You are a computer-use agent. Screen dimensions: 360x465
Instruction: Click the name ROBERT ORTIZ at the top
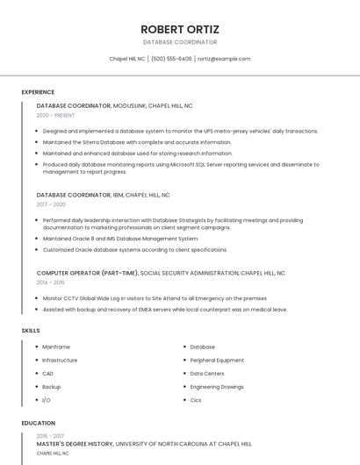pyautogui.click(x=180, y=29)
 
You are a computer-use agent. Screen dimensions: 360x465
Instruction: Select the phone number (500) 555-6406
pyautogui.click(x=171, y=59)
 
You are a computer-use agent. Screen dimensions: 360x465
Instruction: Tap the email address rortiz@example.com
pyautogui.click(x=224, y=59)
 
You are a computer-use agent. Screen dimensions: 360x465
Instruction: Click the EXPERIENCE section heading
pyautogui.click(x=38, y=92)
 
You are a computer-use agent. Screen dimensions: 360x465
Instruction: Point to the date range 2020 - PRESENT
pyautogui.click(x=55, y=115)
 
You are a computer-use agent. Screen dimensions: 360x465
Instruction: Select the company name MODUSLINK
pyautogui.click(x=132, y=105)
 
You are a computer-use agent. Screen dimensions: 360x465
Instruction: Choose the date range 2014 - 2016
pyautogui.click(x=50, y=283)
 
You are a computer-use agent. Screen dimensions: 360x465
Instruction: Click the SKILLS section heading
pyautogui.click(x=31, y=330)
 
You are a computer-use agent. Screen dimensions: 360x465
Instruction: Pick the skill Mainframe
pyautogui.click(x=56, y=347)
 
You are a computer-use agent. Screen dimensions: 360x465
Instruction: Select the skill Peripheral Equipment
pyautogui.click(x=217, y=360)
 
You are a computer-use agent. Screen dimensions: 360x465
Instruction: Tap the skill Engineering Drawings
pyautogui.click(x=217, y=386)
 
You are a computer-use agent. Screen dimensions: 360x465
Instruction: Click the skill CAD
pyautogui.click(x=47, y=373)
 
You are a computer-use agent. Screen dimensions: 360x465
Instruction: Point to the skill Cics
pyautogui.click(x=196, y=399)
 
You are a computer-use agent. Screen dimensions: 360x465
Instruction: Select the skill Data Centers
pyautogui.click(x=208, y=373)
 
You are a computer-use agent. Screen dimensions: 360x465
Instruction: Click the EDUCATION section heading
pyautogui.click(x=38, y=423)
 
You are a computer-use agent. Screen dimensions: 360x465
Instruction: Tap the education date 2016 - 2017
pyautogui.click(x=50, y=435)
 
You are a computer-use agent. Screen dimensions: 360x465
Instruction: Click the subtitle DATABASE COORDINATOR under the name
pyautogui.click(x=180, y=42)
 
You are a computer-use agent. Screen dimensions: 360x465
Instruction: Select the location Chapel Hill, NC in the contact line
pyautogui.click(x=127, y=59)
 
